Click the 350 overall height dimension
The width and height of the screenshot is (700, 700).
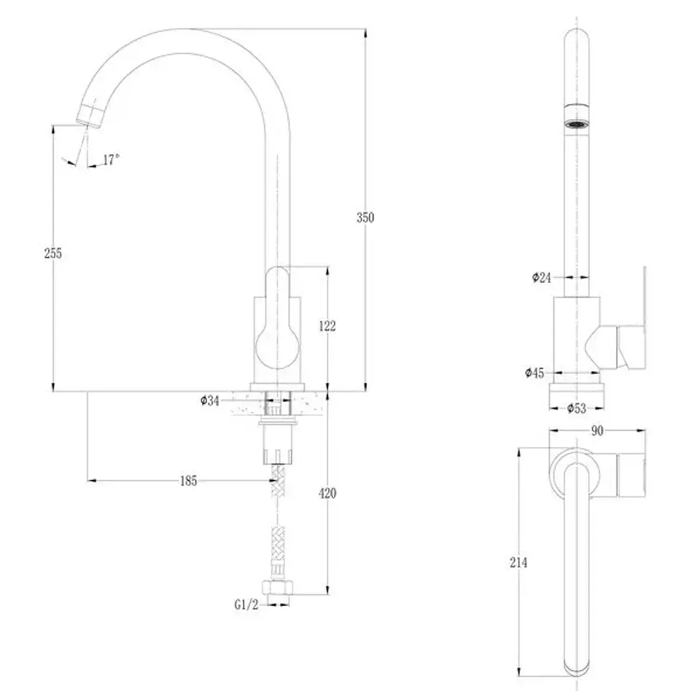[365, 217]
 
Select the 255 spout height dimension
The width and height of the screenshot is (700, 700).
[53, 253]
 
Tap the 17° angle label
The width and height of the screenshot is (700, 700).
[111, 160]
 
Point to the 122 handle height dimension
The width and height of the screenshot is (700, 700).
[327, 326]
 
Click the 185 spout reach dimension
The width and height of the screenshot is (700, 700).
[188, 481]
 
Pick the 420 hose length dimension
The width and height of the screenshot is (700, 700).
[327, 494]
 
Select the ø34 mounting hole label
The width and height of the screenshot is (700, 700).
[210, 400]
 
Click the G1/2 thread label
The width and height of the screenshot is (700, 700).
[246, 604]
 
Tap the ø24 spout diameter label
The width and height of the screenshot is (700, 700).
[542, 278]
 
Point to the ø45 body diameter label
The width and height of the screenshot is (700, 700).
[534, 373]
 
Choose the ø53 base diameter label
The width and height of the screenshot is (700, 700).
[577, 408]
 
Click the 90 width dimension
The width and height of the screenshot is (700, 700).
[597, 430]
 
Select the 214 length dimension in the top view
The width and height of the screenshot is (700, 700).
[518, 562]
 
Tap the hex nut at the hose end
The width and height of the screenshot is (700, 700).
[278, 588]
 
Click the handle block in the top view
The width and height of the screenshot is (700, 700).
[631, 475]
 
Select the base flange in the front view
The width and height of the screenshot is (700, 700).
[277, 387]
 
